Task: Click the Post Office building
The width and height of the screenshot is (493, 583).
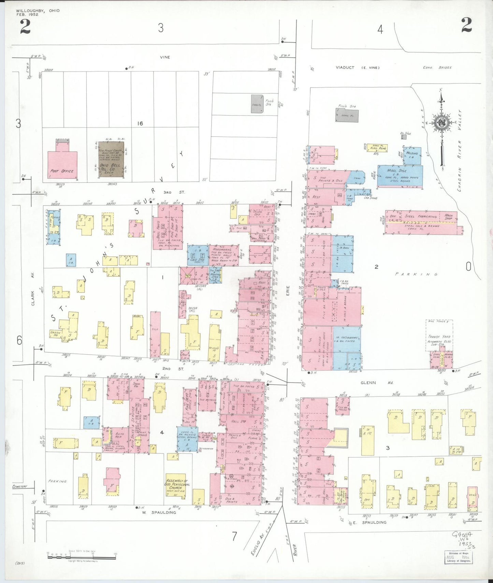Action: pyautogui.click(x=62, y=164)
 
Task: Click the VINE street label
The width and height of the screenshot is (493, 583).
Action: pyautogui.click(x=165, y=57)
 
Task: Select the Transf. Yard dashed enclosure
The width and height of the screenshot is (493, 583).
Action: pyautogui.click(x=439, y=335)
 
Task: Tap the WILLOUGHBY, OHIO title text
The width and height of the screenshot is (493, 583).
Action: pyautogui.click(x=38, y=11)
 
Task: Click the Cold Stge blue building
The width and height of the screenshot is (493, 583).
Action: pyautogui.click(x=198, y=255)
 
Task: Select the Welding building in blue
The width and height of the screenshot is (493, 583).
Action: pyautogui.click(x=412, y=155)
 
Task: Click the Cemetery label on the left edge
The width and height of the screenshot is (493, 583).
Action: pyautogui.click(x=19, y=487)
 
